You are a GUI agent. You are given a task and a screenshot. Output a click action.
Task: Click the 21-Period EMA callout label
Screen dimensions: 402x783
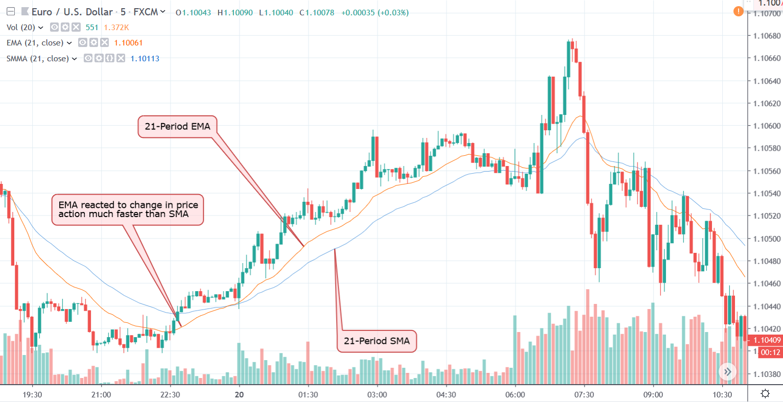coord(177,127)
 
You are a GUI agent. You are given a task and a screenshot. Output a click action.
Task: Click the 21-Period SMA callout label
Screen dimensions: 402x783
coord(376,341)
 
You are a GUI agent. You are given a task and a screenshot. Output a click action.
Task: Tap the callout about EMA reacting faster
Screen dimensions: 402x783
coord(128,209)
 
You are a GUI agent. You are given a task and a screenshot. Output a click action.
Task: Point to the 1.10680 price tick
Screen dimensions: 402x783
coord(767,36)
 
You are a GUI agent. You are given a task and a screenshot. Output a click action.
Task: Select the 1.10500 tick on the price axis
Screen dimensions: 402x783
coord(767,239)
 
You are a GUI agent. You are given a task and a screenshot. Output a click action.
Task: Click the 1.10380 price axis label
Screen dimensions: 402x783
coord(767,374)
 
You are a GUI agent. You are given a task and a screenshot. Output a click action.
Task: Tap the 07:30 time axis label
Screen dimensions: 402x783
coord(584,394)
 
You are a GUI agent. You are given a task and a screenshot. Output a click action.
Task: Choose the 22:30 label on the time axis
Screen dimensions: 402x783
coord(170,394)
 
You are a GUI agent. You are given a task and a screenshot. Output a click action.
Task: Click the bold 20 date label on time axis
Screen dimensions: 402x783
coord(239,394)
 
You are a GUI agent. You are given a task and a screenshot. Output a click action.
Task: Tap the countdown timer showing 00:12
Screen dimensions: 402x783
coord(770,352)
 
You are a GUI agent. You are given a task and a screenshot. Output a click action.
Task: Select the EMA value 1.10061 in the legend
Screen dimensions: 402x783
coord(128,43)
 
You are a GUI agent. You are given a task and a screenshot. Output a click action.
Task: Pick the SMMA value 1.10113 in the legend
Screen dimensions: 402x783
coord(145,59)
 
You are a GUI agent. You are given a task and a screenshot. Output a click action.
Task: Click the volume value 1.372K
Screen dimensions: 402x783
coord(116,28)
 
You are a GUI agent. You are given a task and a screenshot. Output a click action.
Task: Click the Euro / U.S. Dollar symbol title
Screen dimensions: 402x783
coord(72,12)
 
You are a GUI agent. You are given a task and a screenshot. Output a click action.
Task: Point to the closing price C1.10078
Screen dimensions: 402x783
coord(317,13)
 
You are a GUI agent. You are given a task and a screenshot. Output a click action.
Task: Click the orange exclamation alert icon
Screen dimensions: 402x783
coord(738,11)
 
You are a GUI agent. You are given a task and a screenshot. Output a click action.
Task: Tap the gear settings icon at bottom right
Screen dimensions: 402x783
coord(765,393)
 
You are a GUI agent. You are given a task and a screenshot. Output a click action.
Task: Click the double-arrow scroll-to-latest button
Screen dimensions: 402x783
coord(727,372)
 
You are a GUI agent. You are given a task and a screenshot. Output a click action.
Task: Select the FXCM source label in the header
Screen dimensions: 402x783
coord(146,12)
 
